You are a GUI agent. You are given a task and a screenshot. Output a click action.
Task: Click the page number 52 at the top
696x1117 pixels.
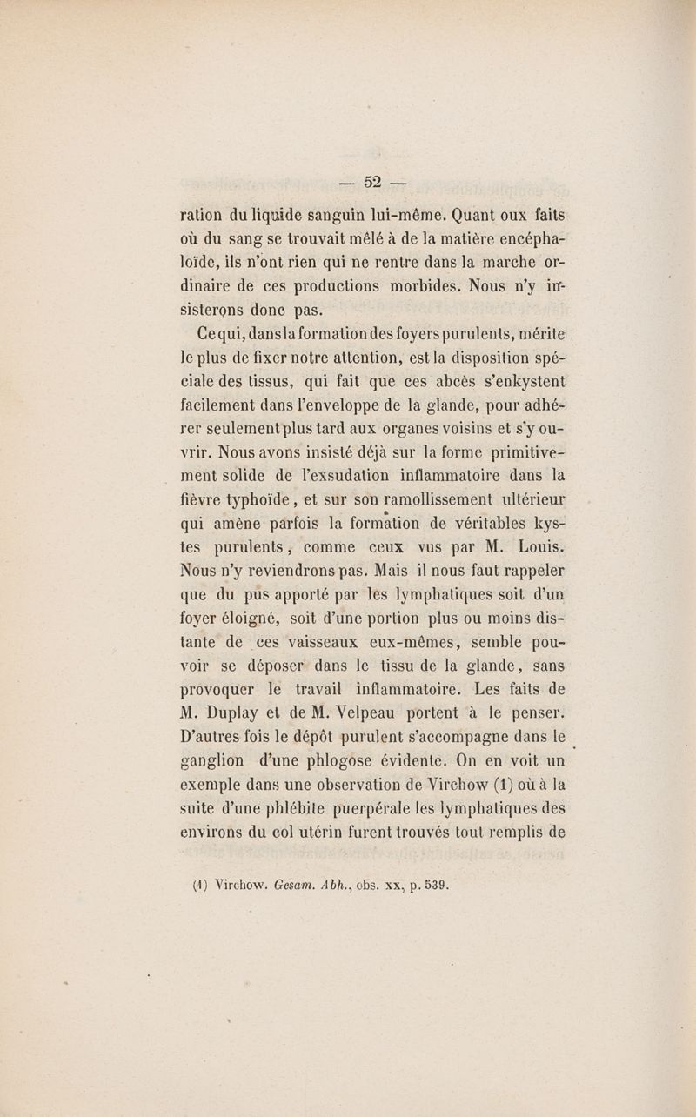click(x=374, y=182)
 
